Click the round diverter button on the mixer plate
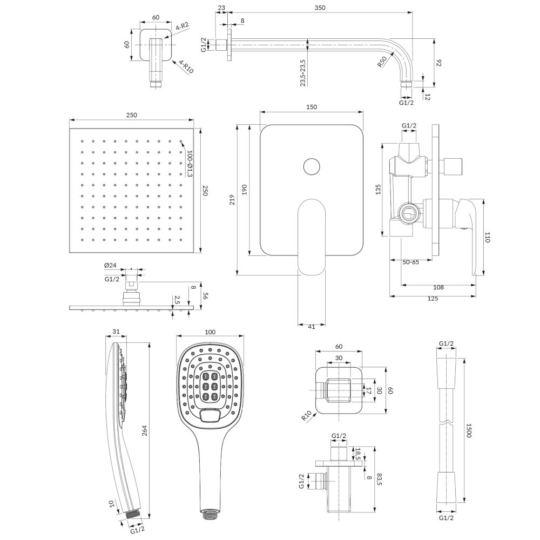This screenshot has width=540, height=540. (x=311, y=166)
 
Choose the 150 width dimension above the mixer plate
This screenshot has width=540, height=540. (x=311, y=107)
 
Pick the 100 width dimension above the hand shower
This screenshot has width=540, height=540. (x=210, y=332)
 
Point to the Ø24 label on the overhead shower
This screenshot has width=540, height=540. (x=110, y=265)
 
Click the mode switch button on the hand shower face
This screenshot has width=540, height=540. (x=210, y=415)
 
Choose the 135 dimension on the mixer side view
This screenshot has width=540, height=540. (x=379, y=189)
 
